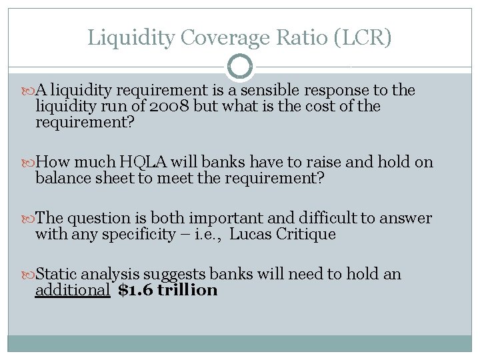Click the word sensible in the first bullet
point(293,90)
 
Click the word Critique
point(307,235)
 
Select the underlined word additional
point(73,291)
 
